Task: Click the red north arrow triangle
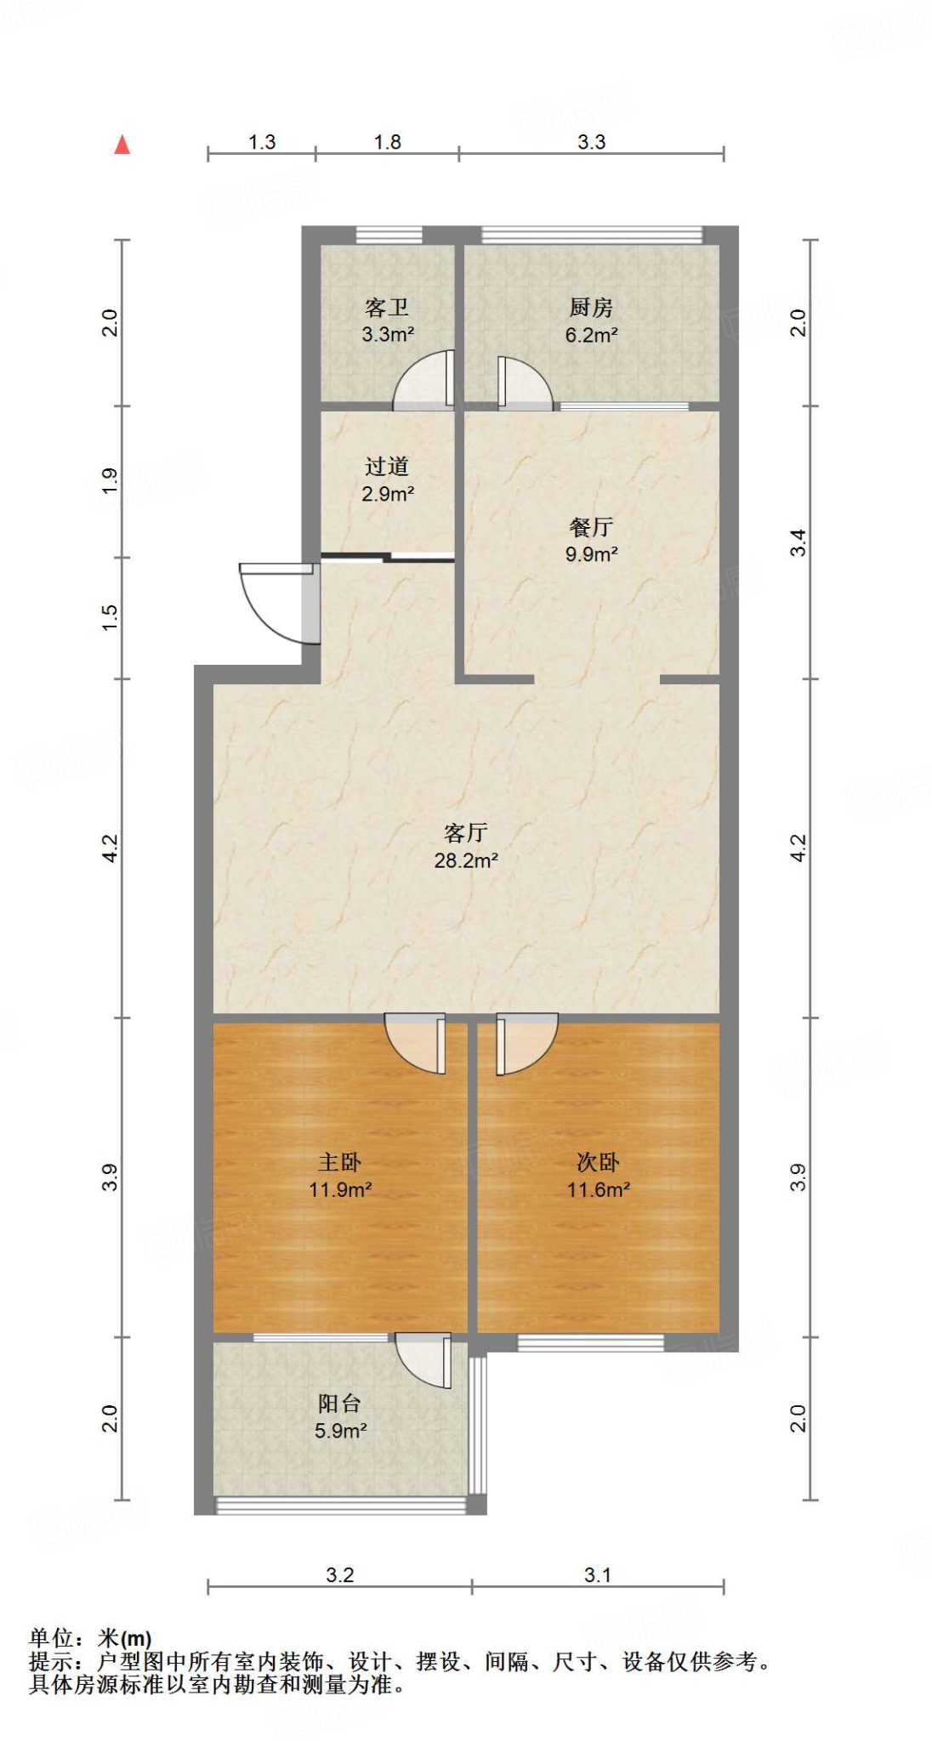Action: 122,145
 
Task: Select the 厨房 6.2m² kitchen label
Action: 591,320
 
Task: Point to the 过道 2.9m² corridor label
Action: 387,479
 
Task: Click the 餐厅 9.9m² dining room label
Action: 591,540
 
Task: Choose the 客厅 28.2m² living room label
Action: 465,846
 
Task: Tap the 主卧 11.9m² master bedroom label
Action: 339,1175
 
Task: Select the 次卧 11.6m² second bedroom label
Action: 598,1175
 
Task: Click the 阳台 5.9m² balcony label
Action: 339,1416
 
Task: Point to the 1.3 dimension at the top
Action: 262,142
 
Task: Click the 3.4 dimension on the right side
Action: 798,542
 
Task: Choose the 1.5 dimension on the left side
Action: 110,617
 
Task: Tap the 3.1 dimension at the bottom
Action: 597,1575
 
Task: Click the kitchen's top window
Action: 592,235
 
